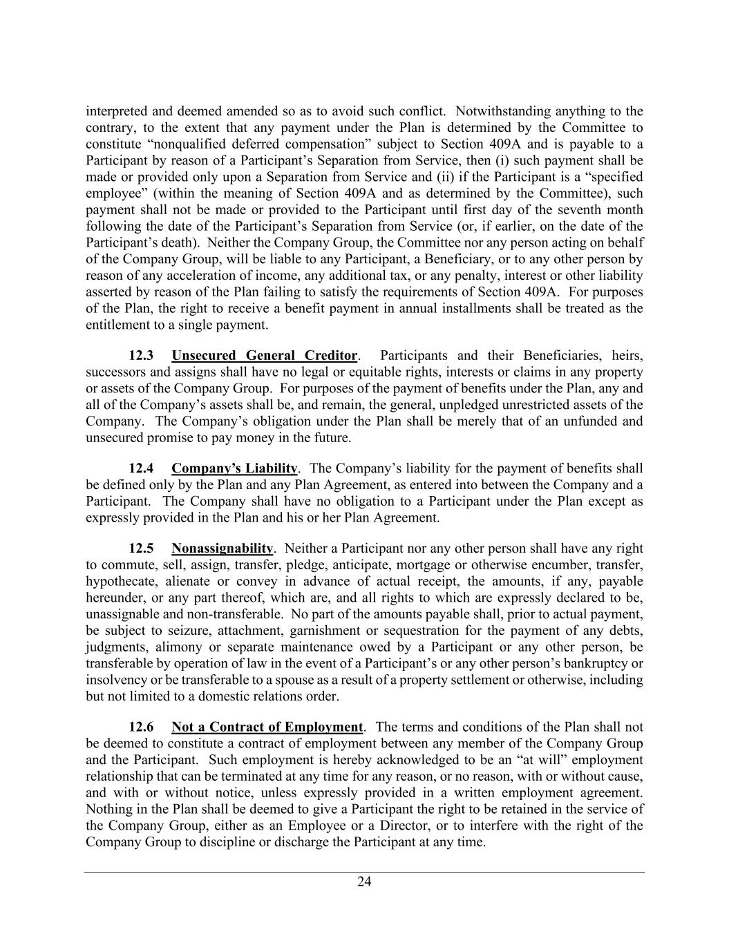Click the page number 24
click(x=364, y=881)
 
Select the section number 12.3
click(x=142, y=356)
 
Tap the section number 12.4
click(x=142, y=468)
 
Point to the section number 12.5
click(x=142, y=549)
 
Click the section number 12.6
click(x=142, y=727)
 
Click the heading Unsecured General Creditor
click(x=264, y=356)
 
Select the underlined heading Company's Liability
click(x=234, y=468)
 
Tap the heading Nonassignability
click(x=222, y=549)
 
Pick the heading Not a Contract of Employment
click(x=267, y=727)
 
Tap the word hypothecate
click(x=121, y=582)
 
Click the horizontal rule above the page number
click(x=364, y=872)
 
